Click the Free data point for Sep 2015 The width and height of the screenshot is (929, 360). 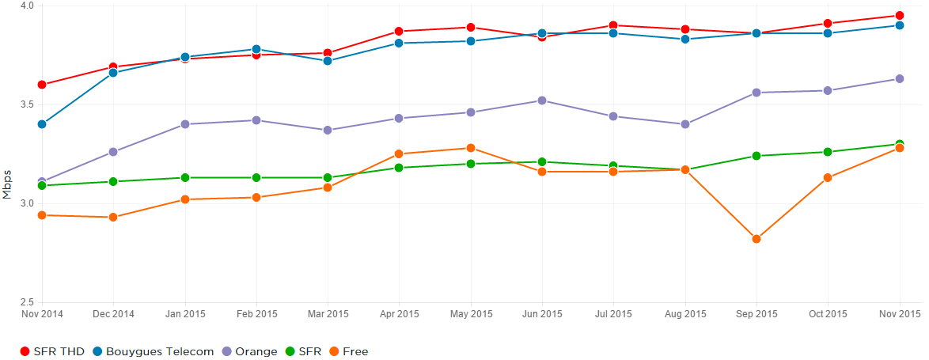pyautogui.click(x=756, y=239)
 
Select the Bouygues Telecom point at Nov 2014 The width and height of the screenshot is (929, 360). pyautogui.click(x=41, y=124)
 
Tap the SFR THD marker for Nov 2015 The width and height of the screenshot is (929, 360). pyautogui.click(x=899, y=15)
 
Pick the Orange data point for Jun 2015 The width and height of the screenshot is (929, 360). pyautogui.click(x=541, y=100)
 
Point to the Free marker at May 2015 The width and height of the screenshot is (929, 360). pyautogui.click(x=470, y=148)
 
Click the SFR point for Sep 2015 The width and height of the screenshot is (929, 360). pyautogui.click(x=756, y=156)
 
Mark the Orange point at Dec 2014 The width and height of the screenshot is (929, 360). pyautogui.click(x=113, y=152)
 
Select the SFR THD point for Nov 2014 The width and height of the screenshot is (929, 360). pyautogui.click(x=41, y=85)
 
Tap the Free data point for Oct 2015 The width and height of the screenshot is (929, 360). pyautogui.click(x=828, y=178)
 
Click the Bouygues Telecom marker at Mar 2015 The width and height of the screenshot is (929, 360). pyautogui.click(x=327, y=61)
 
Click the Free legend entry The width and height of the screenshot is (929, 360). pyautogui.click(x=348, y=351)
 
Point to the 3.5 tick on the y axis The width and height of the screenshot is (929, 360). pyautogui.click(x=28, y=104)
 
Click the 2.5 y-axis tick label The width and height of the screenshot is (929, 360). pyautogui.click(x=28, y=302)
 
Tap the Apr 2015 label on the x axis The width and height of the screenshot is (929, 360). pyautogui.click(x=399, y=314)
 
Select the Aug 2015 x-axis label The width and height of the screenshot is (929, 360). pyautogui.click(x=684, y=314)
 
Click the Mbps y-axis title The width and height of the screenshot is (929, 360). pyautogui.click(x=7, y=184)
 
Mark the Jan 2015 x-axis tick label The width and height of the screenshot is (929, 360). pyautogui.click(x=184, y=314)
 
